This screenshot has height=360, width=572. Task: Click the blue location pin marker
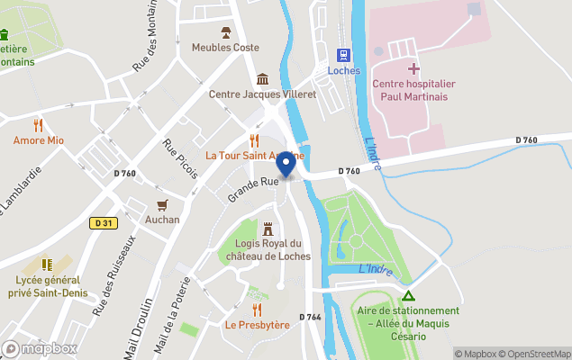[286, 164]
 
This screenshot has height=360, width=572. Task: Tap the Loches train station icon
[342, 55]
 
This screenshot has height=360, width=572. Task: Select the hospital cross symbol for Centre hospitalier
[413, 68]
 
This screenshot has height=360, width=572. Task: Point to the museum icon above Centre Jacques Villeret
[262, 78]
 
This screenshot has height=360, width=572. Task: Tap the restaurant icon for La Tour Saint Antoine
[255, 140]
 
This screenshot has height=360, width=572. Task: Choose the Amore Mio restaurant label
[38, 140]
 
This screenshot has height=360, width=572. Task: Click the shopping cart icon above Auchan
[163, 205]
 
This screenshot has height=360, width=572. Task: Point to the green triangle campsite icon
[408, 295]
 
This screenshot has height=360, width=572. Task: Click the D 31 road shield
[100, 223]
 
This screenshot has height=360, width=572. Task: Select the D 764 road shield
[309, 317]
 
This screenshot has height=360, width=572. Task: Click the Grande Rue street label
[252, 187]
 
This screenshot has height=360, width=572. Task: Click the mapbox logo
[40, 348]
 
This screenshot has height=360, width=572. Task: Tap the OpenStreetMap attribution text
[537, 354]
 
